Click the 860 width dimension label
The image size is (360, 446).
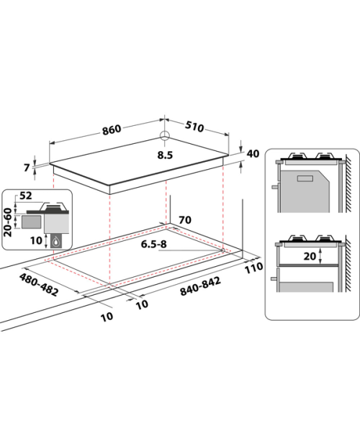(112, 129)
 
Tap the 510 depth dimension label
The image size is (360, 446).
(194, 127)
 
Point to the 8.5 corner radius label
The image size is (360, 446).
(165, 155)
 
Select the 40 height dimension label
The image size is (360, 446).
(253, 154)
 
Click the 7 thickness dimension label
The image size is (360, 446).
(27, 168)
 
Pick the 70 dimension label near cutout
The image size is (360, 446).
(185, 220)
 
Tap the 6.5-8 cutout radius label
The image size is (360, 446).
(154, 244)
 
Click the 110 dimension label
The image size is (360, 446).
(254, 268)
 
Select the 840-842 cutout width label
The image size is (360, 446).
(200, 286)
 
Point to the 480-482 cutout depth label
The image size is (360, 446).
(39, 284)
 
